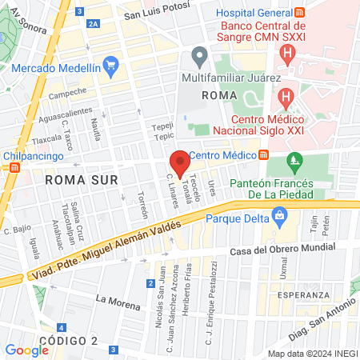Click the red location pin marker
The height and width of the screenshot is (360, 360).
(x=181, y=163)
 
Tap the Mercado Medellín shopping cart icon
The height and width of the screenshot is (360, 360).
(x=110, y=65)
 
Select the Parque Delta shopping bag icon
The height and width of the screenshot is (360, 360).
(x=279, y=214)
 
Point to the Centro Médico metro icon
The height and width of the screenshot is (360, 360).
(x=263, y=154)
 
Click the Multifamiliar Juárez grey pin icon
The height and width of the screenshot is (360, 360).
(x=200, y=57)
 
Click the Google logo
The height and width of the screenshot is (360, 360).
(x=26, y=350)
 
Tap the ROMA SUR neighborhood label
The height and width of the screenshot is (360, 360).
(x=82, y=180)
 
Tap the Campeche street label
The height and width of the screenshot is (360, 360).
(x=67, y=94)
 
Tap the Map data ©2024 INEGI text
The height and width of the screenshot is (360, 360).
(x=311, y=353)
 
